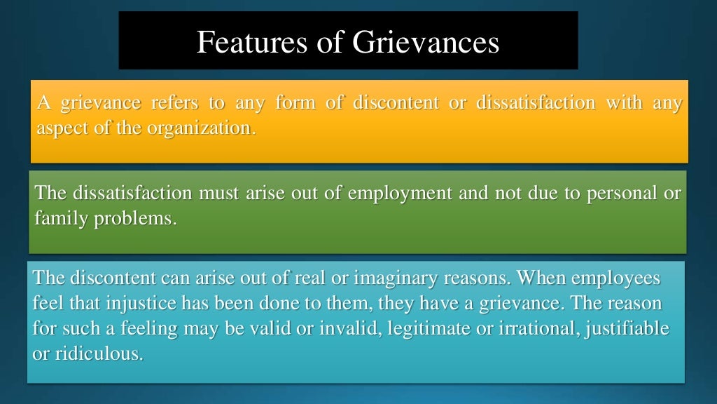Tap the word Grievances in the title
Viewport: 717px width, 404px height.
[x=426, y=42]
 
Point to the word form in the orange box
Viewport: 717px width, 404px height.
[x=295, y=104]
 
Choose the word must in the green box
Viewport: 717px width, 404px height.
[x=220, y=193]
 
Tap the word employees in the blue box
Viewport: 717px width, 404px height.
[x=616, y=278]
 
